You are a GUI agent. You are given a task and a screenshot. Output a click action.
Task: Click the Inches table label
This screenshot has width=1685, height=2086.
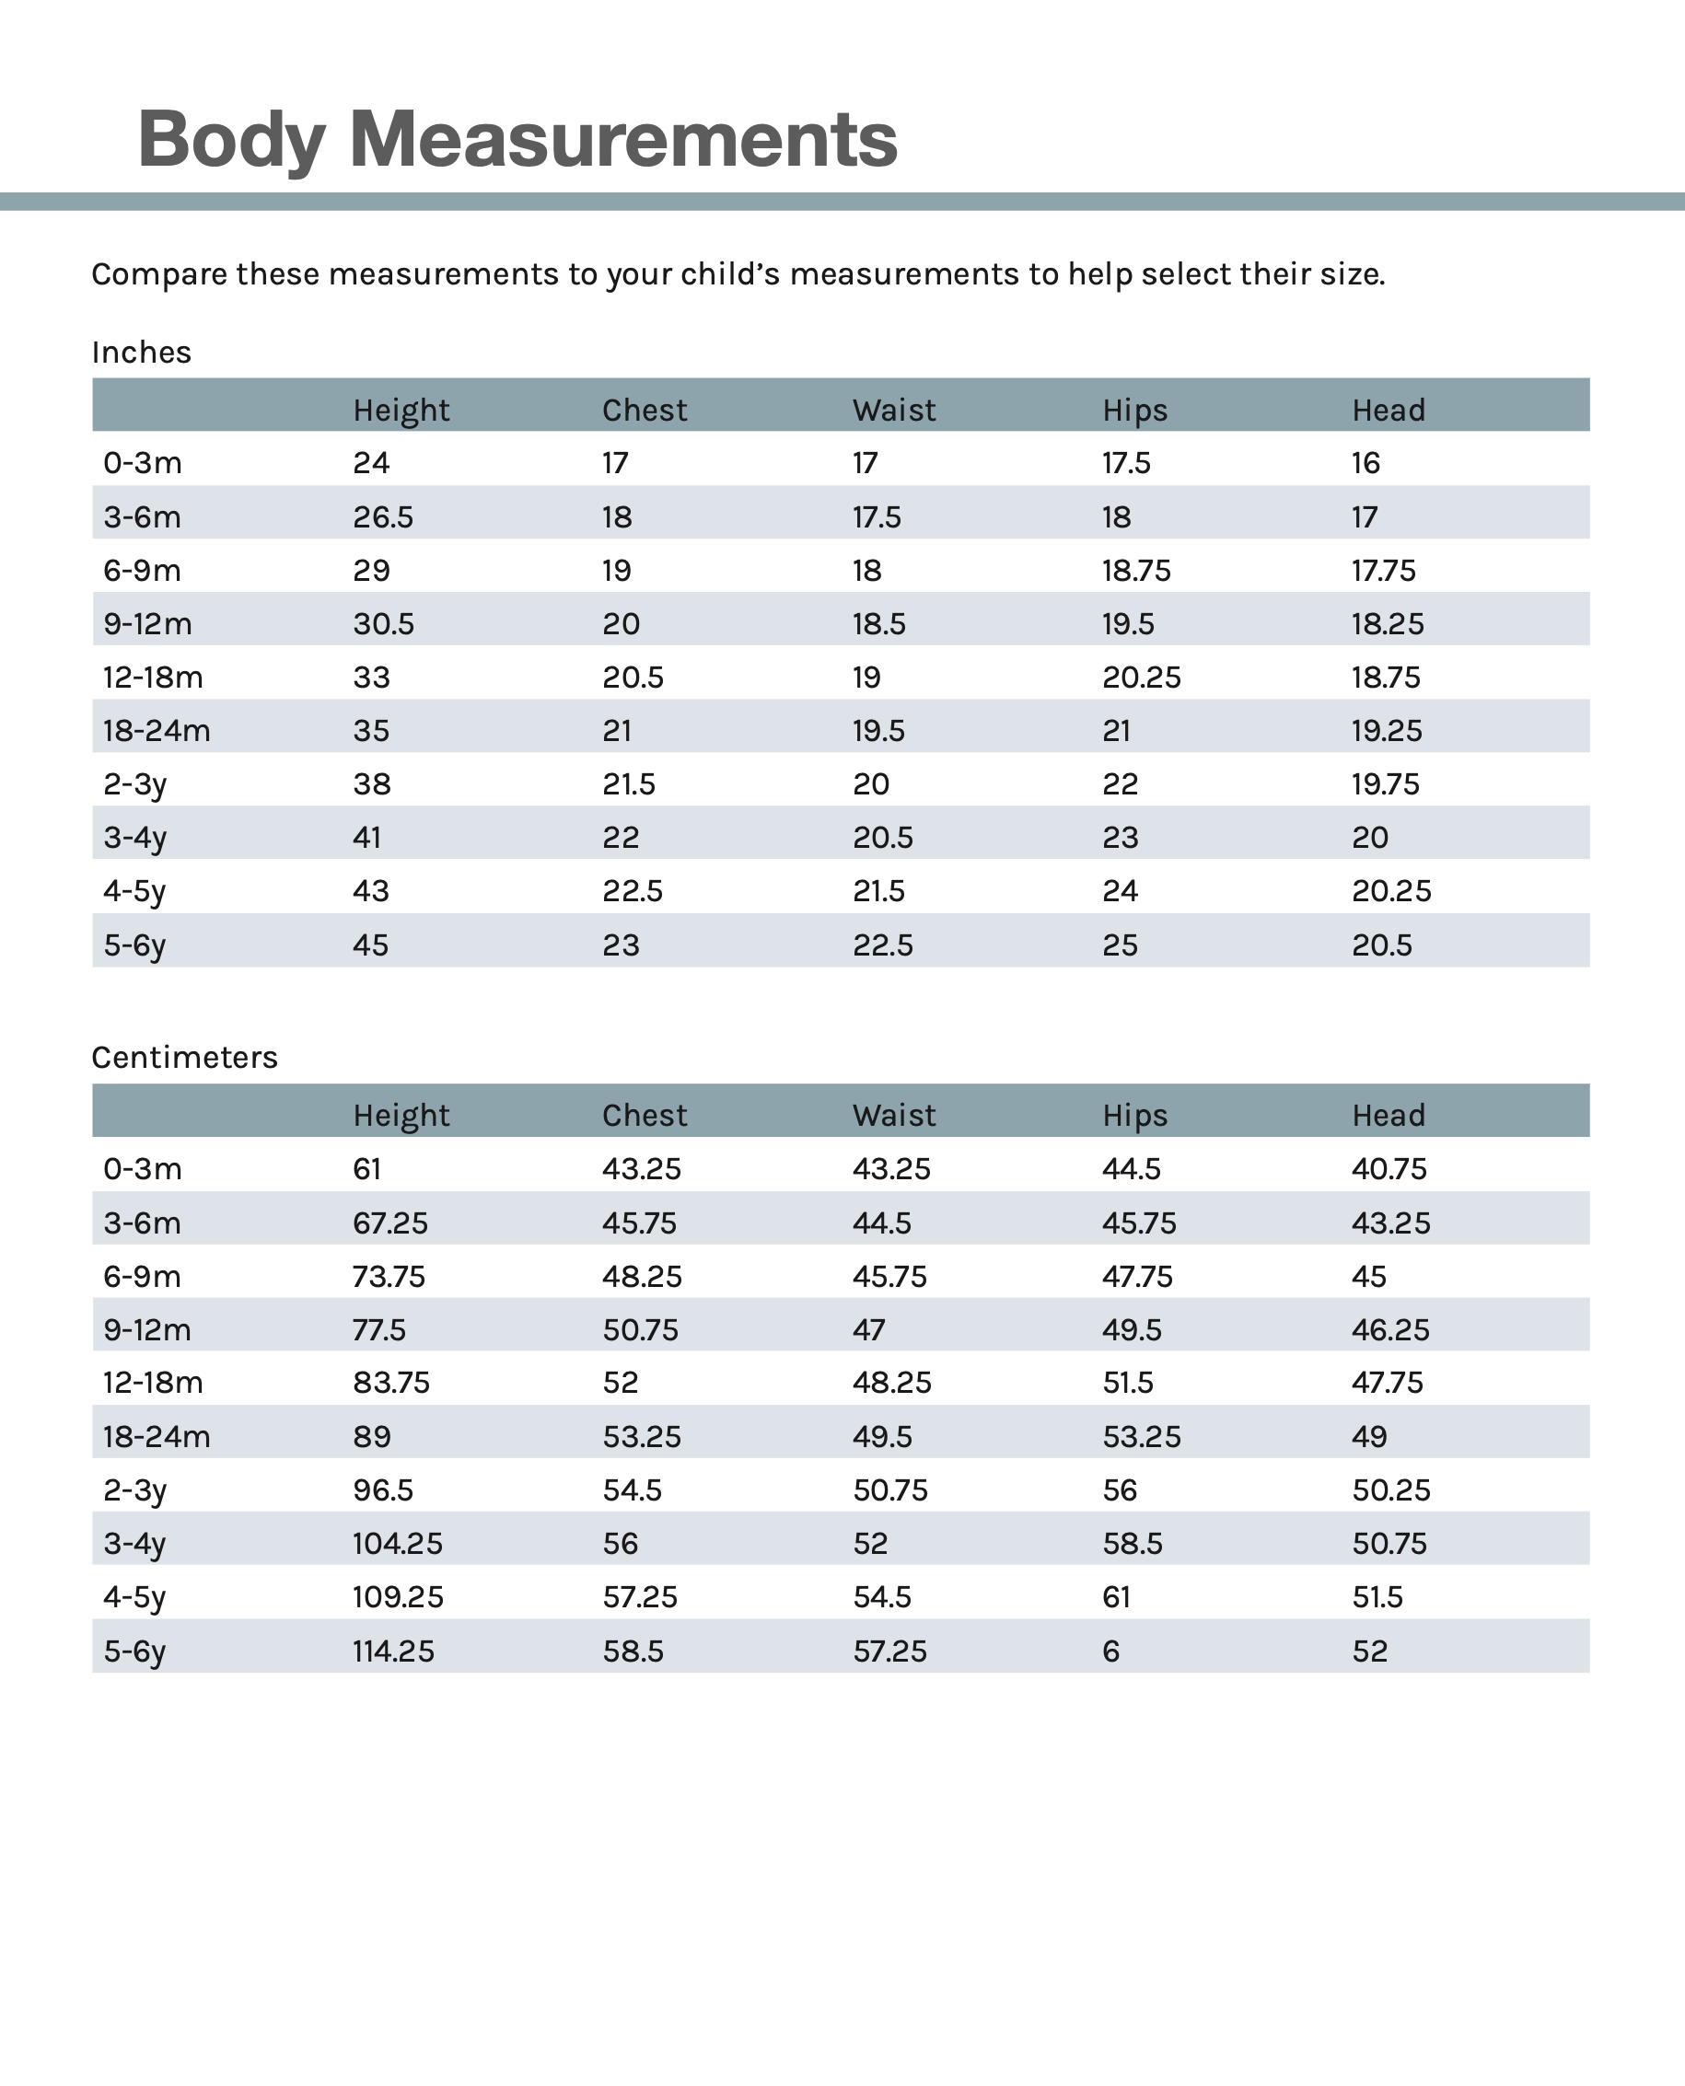(141, 353)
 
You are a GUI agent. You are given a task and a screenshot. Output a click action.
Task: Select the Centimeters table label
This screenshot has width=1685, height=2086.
(184, 1057)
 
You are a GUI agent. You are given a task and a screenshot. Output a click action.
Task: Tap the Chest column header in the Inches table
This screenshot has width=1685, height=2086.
(644, 411)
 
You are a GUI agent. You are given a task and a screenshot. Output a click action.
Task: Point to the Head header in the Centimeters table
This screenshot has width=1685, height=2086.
(1388, 1116)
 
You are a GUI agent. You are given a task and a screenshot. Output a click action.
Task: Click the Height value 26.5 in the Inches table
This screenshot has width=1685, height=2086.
(382, 517)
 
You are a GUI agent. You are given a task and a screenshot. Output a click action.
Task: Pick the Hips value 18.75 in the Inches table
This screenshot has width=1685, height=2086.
(1135, 571)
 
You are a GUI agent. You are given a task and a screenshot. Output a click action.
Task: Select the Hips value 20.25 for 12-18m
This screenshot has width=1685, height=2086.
(1141, 678)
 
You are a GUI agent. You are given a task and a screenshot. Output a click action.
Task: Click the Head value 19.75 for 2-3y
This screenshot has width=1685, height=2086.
(1385, 784)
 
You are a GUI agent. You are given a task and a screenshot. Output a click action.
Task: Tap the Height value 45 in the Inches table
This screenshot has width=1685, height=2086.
(370, 945)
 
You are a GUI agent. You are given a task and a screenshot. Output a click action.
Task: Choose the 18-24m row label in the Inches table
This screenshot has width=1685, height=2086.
(157, 731)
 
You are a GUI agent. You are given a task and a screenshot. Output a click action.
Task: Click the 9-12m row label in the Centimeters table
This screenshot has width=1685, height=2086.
(146, 1329)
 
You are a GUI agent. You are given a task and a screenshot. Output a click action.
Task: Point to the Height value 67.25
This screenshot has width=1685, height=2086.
(389, 1223)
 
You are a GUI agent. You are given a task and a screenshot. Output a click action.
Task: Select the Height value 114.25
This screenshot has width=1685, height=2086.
(393, 1651)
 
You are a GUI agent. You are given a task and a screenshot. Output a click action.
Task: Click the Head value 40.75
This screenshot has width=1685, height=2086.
(1389, 1168)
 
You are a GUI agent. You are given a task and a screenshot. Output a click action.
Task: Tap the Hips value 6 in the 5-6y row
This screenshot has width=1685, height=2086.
(1110, 1651)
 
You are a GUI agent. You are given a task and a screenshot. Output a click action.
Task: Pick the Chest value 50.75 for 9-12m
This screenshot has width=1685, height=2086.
(640, 1329)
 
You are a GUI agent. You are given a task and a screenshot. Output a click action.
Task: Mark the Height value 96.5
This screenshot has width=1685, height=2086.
(382, 1489)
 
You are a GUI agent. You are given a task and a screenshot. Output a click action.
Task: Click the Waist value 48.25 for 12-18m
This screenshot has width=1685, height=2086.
(891, 1383)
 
